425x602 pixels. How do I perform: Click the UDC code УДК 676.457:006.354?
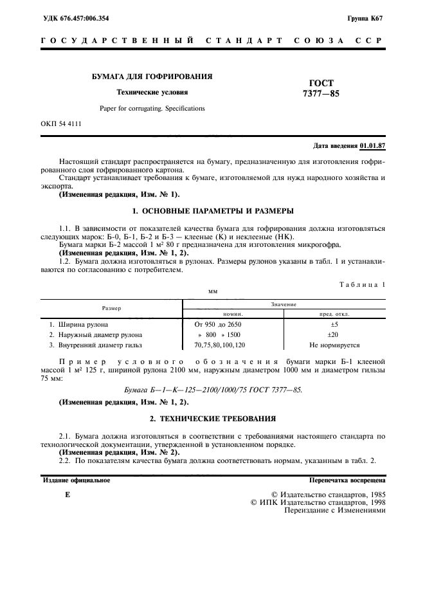pyautogui.click(x=75, y=18)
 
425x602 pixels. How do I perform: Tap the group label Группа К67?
pyautogui.click(x=365, y=18)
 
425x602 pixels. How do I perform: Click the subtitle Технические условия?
pyautogui.click(x=152, y=92)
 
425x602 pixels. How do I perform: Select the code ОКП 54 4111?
pyautogui.click(x=61, y=123)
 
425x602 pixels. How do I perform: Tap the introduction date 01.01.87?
pyautogui.click(x=372, y=146)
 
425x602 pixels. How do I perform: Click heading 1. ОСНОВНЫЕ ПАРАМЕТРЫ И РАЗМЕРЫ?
pyautogui.click(x=212, y=210)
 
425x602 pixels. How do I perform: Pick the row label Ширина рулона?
pyautogui.click(x=84, y=325)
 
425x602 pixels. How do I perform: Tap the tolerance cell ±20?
pyautogui.click(x=333, y=335)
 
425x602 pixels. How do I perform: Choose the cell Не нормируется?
pyautogui.click(x=334, y=345)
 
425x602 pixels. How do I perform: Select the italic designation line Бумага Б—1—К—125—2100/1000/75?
pyautogui.click(x=212, y=390)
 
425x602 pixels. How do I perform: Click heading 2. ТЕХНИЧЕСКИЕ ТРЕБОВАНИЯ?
pyautogui.click(x=212, y=419)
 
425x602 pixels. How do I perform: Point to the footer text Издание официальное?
pyautogui.click(x=76, y=480)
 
